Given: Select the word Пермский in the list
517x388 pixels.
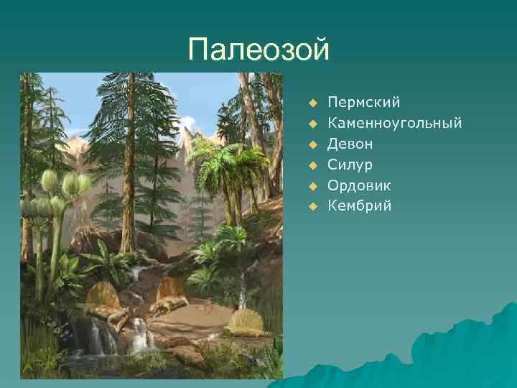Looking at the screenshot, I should pyautogui.click(x=363, y=103).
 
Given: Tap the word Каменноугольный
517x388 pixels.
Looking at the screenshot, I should pyautogui.click(x=394, y=123).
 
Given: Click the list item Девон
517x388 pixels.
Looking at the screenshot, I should pyautogui.click(x=350, y=144).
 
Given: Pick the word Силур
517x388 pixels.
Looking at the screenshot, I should pyautogui.click(x=350, y=165).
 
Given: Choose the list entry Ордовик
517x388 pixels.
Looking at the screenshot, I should pyautogui.click(x=360, y=185).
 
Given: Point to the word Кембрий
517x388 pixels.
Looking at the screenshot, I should pyautogui.click(x=360, y=206).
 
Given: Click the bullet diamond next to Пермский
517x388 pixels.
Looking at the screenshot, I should pyautogui.click(x=312, y=103).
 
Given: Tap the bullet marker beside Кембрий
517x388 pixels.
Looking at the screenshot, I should pyautogui.click(x=312, y=207).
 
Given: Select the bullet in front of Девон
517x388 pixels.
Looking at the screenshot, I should pyautogui.click(x=312, y=144).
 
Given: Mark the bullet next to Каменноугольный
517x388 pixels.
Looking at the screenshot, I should pyautogui.click(x=312, y=124).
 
